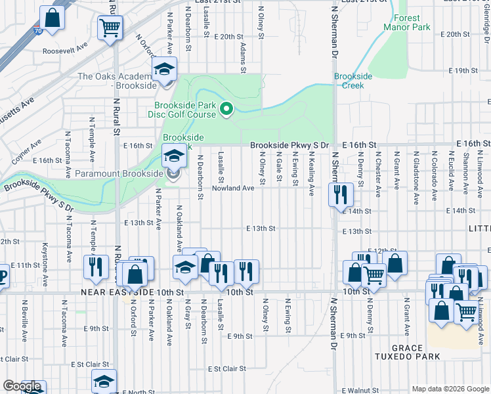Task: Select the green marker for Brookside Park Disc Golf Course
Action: point(226,108)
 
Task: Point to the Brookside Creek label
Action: point(353,81)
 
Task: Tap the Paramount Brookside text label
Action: point(118,173)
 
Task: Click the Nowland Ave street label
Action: point(232,188)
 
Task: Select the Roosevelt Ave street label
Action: point(65,50)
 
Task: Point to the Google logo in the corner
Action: point(22,387)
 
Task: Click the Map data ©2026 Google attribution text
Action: point(450,389)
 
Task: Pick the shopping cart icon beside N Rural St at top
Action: point(110,28)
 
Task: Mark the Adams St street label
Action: point(242,58)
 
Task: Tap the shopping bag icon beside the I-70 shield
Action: point(52,18)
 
